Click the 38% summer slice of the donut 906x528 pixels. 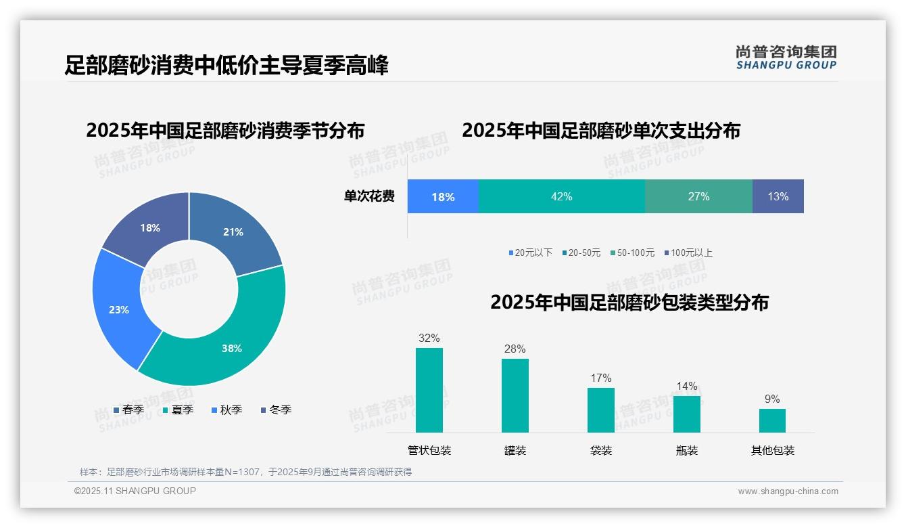[230, 345]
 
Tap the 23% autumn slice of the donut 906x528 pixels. [119, 309]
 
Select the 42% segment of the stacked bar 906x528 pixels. [561, 196]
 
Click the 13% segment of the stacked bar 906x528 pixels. [778, 196]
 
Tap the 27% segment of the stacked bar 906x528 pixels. [698, 196]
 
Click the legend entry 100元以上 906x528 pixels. [689, 252]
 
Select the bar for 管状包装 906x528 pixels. [429, 390]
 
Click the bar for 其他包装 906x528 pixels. [772, 420]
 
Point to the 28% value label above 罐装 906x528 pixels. [515, 349]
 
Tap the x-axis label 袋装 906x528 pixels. [600, 450]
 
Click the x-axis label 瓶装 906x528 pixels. [686, 450]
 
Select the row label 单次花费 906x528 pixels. [369, 196]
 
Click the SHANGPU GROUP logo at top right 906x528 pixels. [786, 58]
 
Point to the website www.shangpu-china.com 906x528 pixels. [788, 491]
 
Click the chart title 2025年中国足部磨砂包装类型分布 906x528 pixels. [629, 302]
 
